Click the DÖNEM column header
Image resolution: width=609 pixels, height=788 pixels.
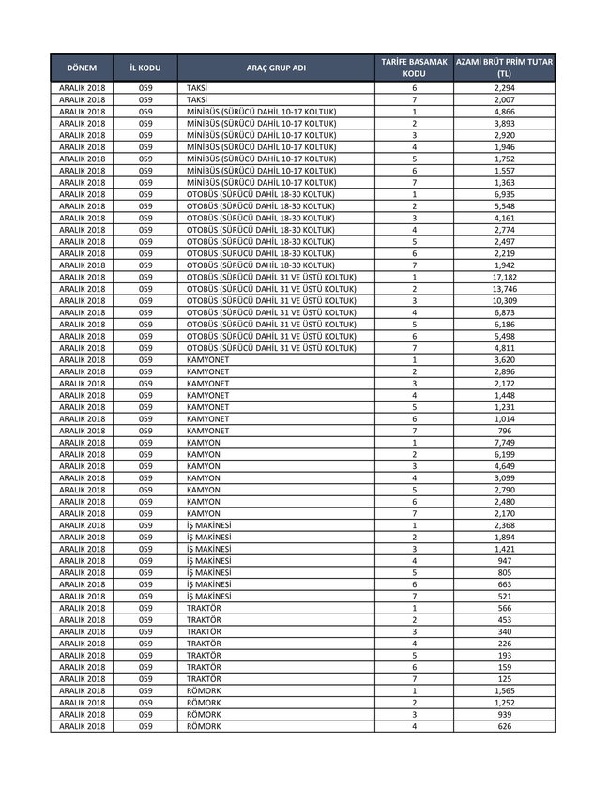tap(82, 68)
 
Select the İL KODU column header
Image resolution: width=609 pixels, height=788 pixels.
tap(145, 68)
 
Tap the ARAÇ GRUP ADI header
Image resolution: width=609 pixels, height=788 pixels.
tap(276, 68)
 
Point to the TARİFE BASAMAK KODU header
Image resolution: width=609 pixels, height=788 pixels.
tap(414, 68)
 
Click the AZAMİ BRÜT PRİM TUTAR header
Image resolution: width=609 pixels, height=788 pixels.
tap(504, 68)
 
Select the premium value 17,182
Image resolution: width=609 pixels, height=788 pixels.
tap(504, 278)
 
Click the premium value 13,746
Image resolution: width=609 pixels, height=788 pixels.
tap(504, 289)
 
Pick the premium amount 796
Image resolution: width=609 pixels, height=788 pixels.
tap(504, 431)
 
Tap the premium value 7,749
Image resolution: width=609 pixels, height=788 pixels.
tap(504, 443)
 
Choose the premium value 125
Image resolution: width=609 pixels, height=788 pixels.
tap(504, 678)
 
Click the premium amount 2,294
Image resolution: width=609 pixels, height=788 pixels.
tap(504, 88)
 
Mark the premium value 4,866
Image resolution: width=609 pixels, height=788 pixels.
tap(504, 112)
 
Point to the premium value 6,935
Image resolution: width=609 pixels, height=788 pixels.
tap(504, 194)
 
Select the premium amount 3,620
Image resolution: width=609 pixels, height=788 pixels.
tap(504, 359)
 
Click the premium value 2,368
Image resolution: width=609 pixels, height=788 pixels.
tap(504, 525)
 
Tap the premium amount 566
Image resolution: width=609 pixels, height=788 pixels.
tap(504, 608)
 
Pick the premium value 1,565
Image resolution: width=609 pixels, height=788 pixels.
tap(504, 690)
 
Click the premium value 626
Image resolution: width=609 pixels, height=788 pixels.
tap(504, 726)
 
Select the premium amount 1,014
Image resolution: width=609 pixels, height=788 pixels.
tap(504, 419)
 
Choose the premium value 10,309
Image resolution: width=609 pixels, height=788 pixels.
tap(504, 301)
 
